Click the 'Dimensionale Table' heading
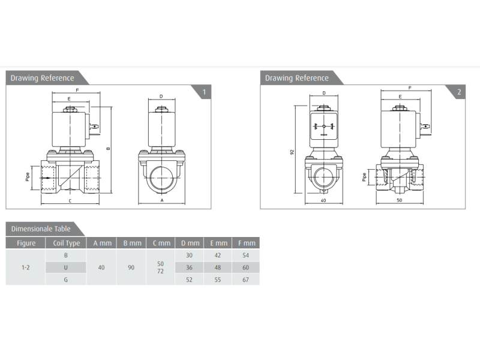click(x=41, y=229)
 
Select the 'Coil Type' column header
click(x=67, y=243)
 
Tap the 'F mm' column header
click(x=247, y=243)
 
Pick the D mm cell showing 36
click(x=189, y=268)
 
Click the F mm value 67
click(x=245, y=280)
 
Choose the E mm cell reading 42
click(x=217, y=256)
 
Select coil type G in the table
click(x=65, y=280)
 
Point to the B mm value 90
click(x=131, y=268)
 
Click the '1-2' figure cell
click(x=25, y=268)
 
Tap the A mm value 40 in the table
click(x=101, y=268)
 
